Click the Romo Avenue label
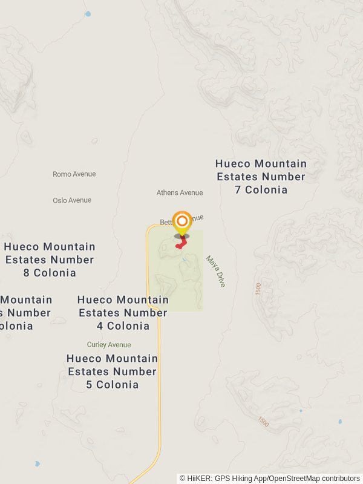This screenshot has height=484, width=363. click(x=74, y=174)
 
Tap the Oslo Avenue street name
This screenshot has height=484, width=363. click(x=71, y=200)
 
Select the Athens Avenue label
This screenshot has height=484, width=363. click(x=180, y=193)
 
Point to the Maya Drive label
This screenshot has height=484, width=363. click(x=215, y=271)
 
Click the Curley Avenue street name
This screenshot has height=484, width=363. click(x=109, y=345)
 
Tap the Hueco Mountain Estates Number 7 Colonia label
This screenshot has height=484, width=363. click(x=261, y=177)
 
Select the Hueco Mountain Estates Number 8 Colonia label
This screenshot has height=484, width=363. click(x=50, y=260)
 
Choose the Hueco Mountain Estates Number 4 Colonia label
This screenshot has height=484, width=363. click(x=123, y=313)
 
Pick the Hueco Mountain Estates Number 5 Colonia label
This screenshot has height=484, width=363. click(x=112, y=371)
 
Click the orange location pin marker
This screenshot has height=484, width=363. click(x=182, y=222)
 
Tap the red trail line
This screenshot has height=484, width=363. click(x=182, y=243)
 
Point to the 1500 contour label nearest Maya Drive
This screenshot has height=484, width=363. click(x=259, y=289)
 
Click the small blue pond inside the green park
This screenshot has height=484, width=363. click(x=185, y=261)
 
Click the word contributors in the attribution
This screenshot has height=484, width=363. click(x=340, y=479)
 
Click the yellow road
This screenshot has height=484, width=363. click(x=159, y=375)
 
